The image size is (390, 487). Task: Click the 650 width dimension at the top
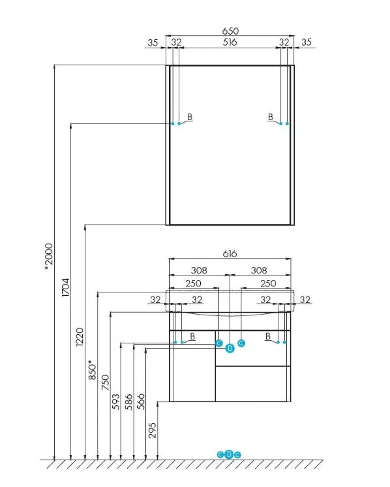tap(230, 31)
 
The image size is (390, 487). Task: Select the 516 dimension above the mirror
tap(230, 42)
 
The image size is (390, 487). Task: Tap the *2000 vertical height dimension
tap(50, 257)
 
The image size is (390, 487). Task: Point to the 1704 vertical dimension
tap(66, 287)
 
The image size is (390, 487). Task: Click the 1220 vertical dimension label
tap(80, 337)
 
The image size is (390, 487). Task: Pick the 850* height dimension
tap(93, 370)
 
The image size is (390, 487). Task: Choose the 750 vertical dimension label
tap(106, 383)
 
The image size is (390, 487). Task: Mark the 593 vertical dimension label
tap(115, 401)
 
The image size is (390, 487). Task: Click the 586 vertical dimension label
tap(128, 401)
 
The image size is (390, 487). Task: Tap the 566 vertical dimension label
tap(141, 401)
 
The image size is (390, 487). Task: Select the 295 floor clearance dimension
tap(153, 430)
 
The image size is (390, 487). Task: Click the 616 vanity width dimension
tap(230, 254)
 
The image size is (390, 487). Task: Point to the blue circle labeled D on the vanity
tap(230, 349)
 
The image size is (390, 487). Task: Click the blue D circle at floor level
tap(229, 454)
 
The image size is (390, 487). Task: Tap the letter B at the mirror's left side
tap(190, 117)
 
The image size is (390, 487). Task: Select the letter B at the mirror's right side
tap(271, 117)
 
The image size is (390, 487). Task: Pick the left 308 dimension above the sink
tap(199, 270)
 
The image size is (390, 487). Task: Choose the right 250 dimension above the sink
tap(268, 283)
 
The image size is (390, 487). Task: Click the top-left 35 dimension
tap(153, 42)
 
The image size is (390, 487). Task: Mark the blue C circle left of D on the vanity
tap(218, 343)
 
